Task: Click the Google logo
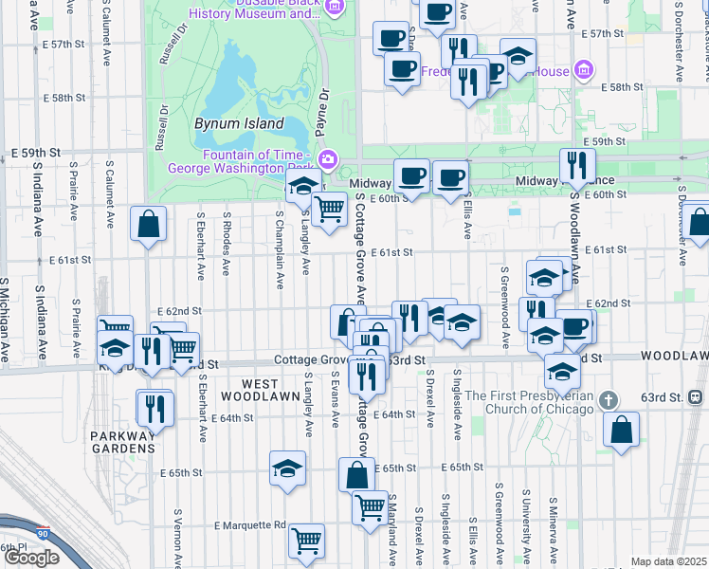[x=31, y=557]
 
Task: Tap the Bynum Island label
[x=239, y=123]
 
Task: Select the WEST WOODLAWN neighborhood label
[x=250, y=391]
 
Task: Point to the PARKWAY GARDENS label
[x=123, y=441]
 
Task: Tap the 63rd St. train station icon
[x=697, y=395]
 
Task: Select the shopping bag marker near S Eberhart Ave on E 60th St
[x=149, y=225]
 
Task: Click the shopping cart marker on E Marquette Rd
[x=307, y=541]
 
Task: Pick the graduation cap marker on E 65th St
[x=287, y=468]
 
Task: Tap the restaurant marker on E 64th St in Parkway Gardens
[x=154, y=408]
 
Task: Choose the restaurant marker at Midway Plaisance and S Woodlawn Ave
[x=577, y=166]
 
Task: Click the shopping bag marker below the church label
[x=621, y=430]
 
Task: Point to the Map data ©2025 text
[x=668, y=561]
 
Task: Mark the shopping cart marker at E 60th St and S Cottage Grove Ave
[x=329, y=208]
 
